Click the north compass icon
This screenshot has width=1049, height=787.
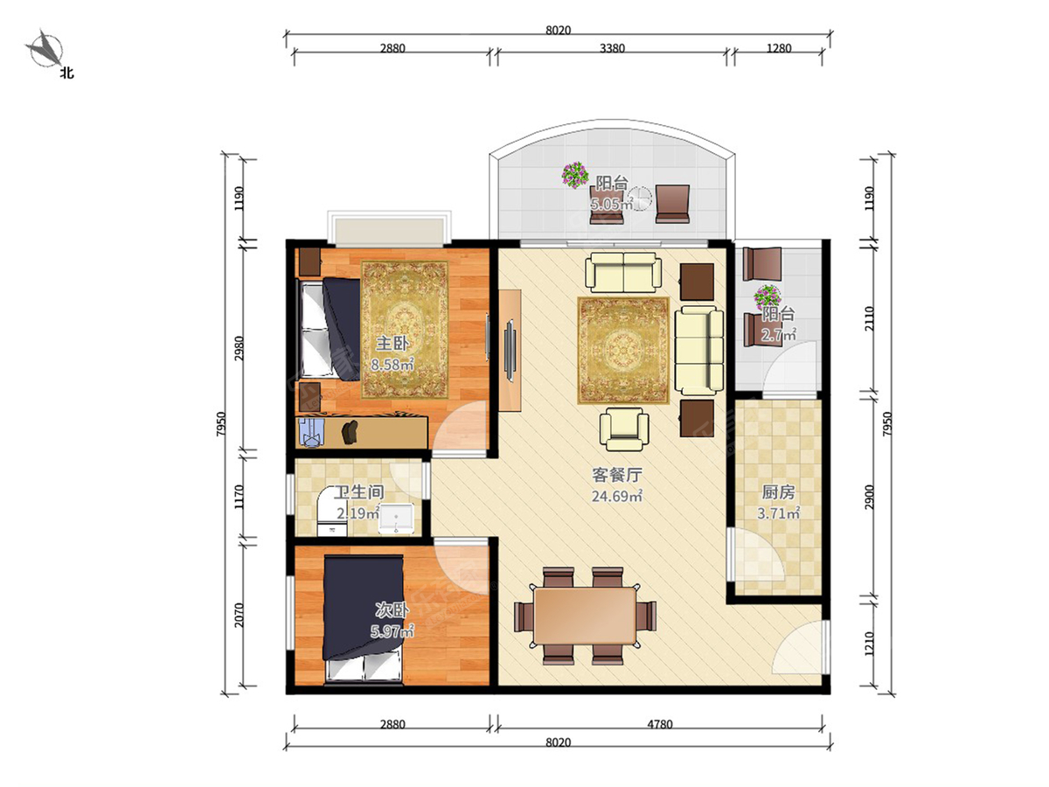45,49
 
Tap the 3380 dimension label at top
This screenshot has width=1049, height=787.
612,48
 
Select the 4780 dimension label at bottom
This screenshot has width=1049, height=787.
659,724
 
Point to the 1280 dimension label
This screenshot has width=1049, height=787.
779,48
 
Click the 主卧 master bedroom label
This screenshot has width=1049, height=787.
392,343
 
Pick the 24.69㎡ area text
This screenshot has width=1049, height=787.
616,496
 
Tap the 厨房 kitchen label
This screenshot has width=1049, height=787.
778,492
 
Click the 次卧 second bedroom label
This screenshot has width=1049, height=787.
392,610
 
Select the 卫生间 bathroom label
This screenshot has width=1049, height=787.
359,492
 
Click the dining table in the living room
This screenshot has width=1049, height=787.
585,616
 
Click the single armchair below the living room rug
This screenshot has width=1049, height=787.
623,428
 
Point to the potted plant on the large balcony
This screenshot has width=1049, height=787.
575,174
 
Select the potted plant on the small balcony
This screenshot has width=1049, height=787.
768,297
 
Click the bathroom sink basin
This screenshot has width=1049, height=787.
396,518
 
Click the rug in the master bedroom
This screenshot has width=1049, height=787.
405,330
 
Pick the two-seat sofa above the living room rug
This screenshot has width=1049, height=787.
623,272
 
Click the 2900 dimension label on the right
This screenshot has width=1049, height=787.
869,497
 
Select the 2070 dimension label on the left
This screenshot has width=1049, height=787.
239,615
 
